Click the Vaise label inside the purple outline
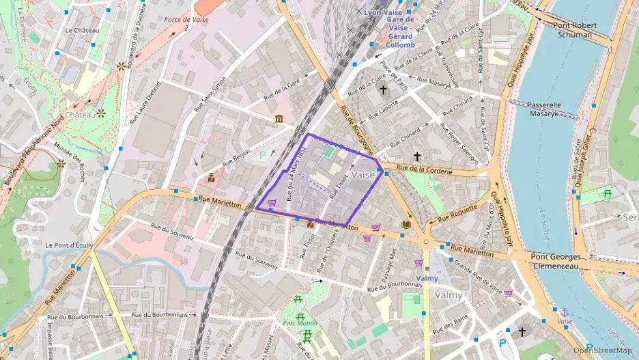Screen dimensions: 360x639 click(x=365, y=175)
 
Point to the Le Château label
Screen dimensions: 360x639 click(x=77, y=31)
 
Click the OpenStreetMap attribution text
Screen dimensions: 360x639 click(x=603, y=350)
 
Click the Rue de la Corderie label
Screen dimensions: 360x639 click(x=424, y=169)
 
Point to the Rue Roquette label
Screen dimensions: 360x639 click(x=457, y=213)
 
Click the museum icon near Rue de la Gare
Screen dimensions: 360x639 click(x=280, y=120)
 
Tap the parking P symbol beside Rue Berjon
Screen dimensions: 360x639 click(x=264, y=155)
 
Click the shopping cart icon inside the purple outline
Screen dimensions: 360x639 click(x=272, y=202)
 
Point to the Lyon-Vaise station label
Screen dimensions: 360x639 click(x=384, y=12)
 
